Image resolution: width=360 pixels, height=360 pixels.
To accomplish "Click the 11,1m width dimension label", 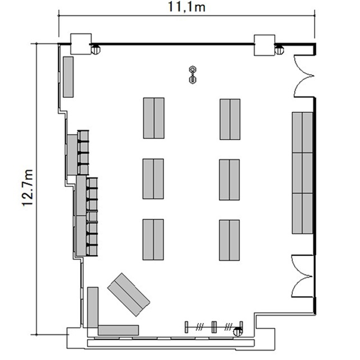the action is pos(187,7).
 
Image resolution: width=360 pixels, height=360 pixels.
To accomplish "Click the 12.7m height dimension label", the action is pos(28,188).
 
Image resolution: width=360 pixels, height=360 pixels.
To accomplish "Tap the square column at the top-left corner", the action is pos(81,44).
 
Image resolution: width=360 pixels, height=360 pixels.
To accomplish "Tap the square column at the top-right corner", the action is pos(264,45).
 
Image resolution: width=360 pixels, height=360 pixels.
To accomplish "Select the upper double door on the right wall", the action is pos(303,76).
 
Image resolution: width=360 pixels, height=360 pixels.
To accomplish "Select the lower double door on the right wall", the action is pos(302,276).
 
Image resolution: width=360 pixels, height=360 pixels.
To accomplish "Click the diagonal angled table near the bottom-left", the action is pos(129,295).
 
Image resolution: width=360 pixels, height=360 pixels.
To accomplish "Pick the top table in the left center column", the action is pos(154,118).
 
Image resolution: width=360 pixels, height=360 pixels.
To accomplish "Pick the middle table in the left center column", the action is pos(153,179).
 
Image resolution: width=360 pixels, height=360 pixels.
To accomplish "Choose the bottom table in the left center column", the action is pos(153,240).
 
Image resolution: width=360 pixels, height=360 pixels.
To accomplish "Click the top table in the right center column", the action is pos(230,119).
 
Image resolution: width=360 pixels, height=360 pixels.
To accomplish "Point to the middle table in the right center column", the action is pos(229,180).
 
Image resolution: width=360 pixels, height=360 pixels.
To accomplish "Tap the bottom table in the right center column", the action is pos(229,240).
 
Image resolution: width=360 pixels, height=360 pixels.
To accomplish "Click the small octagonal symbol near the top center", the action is pos(192,75).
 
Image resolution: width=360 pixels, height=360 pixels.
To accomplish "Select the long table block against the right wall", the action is pos(302,173).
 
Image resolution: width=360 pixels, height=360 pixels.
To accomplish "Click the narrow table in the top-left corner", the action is pos(68,77).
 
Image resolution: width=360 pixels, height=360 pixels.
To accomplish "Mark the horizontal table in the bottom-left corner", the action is pos(119,330).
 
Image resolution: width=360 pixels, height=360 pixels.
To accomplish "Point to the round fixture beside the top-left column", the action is pos(96,50).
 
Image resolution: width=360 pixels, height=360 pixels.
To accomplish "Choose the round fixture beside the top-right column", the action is pos(279,50).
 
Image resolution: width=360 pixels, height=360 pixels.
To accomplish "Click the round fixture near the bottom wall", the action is pos(238,332).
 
